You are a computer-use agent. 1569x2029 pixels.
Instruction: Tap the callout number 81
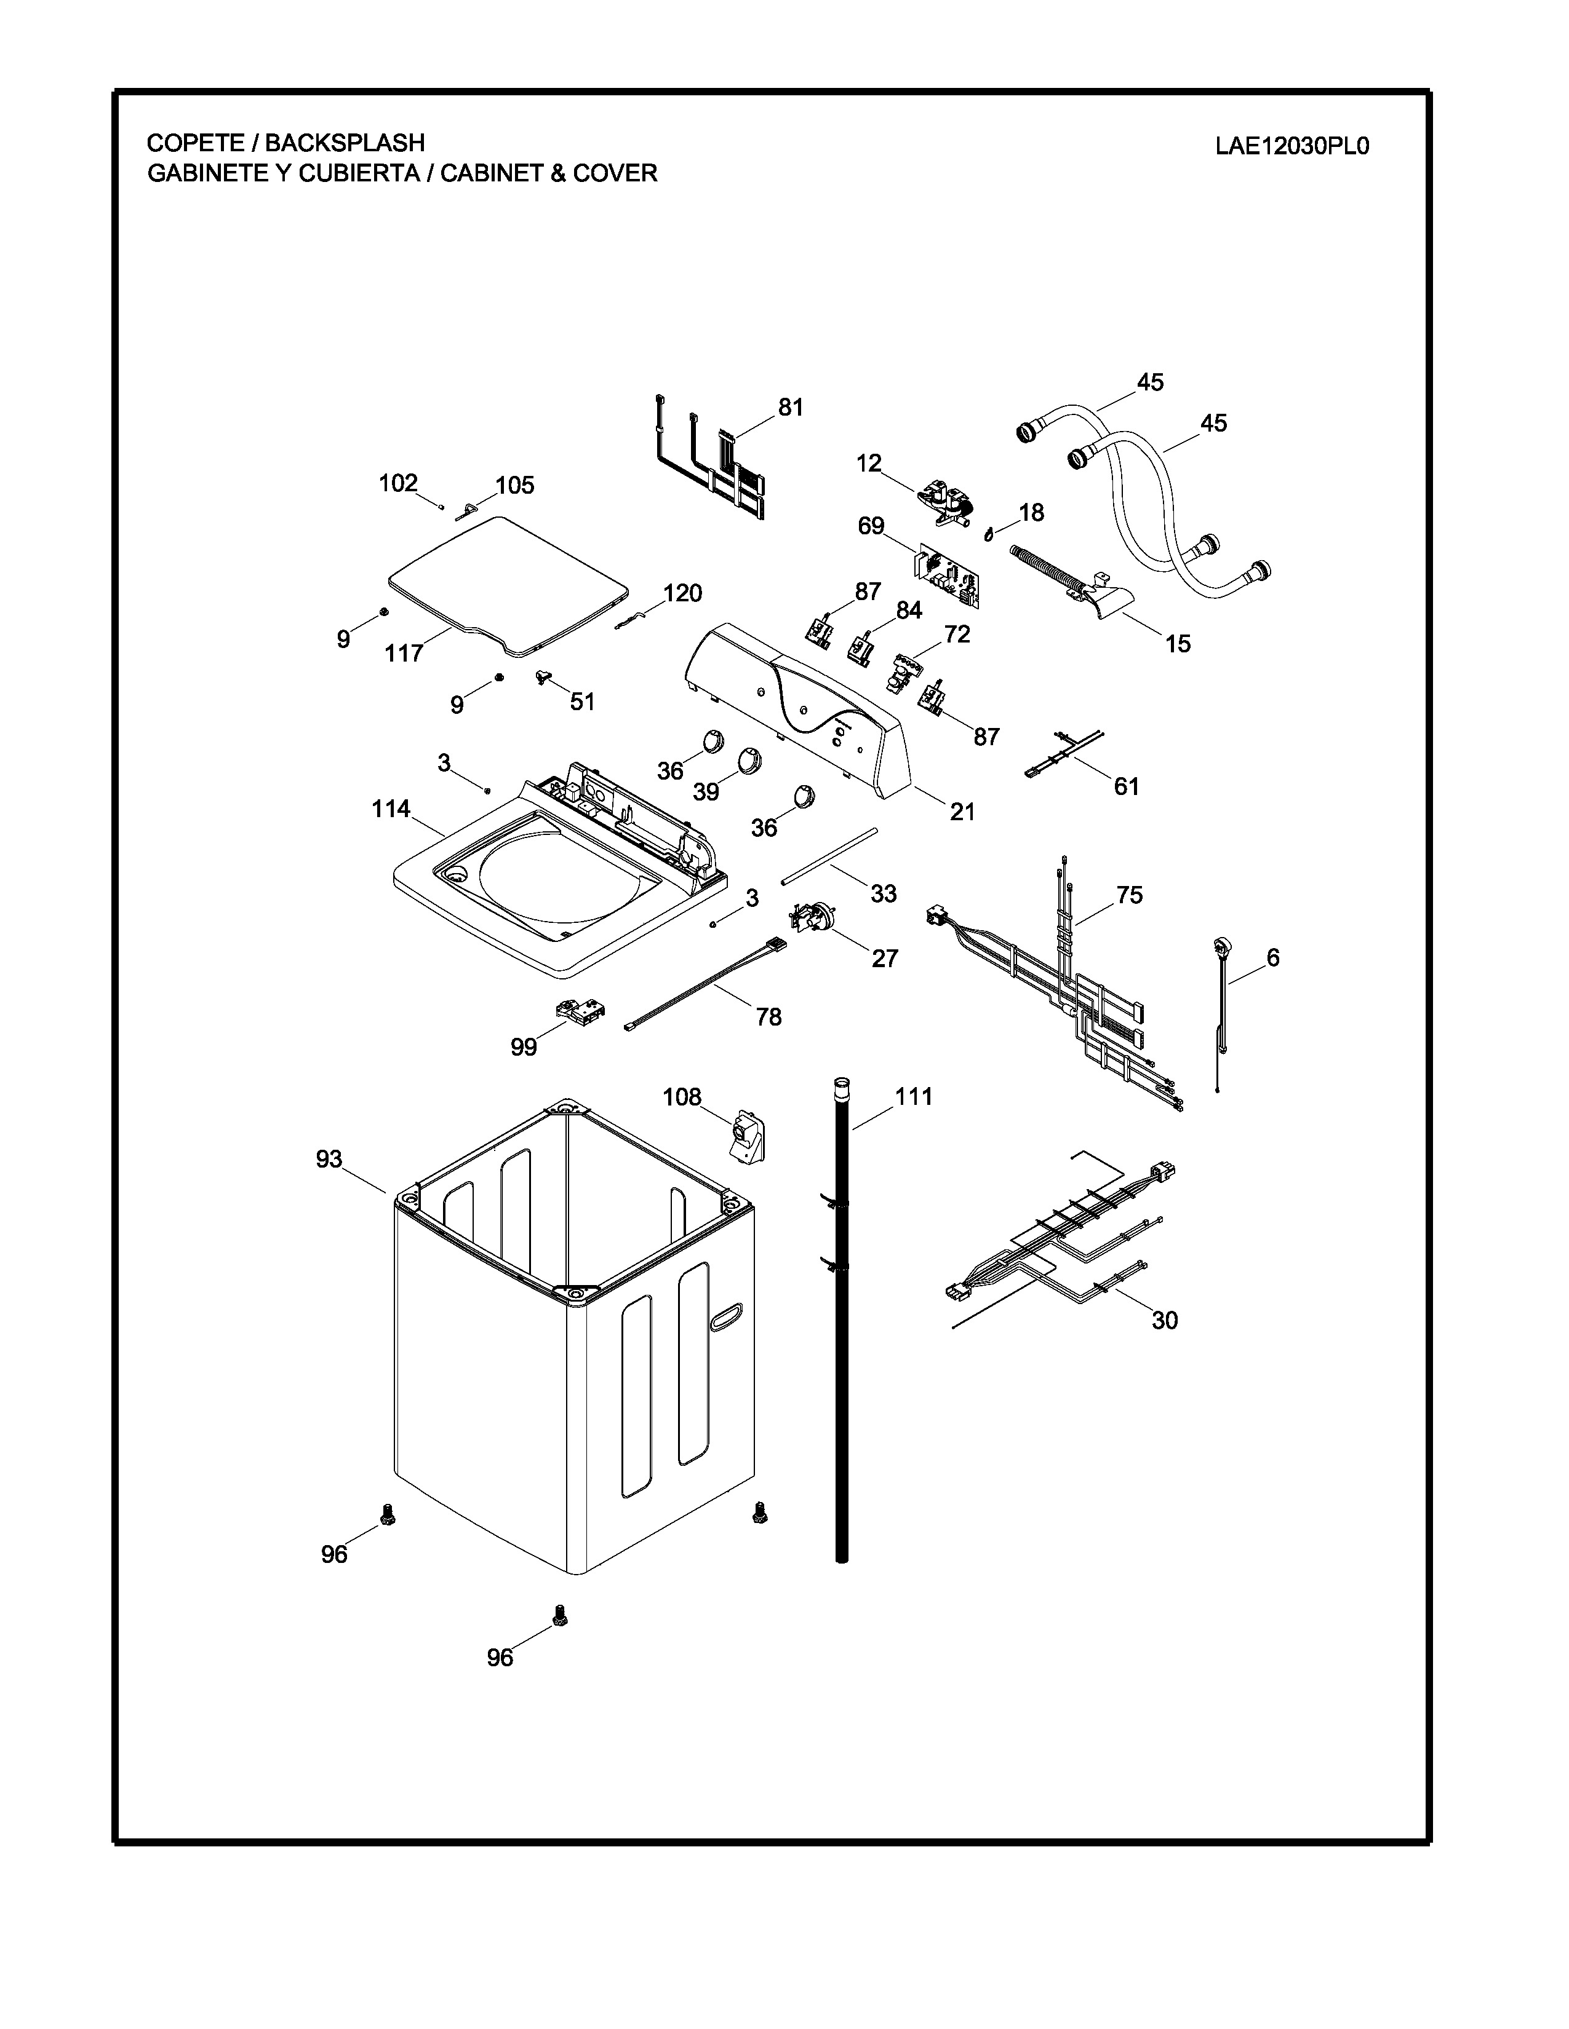click(790, 407)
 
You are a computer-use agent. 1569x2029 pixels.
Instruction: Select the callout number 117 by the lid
click(404, 653)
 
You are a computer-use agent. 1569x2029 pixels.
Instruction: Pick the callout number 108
click(681, 1096)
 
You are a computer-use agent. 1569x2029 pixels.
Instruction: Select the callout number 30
click(1165, 1319)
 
